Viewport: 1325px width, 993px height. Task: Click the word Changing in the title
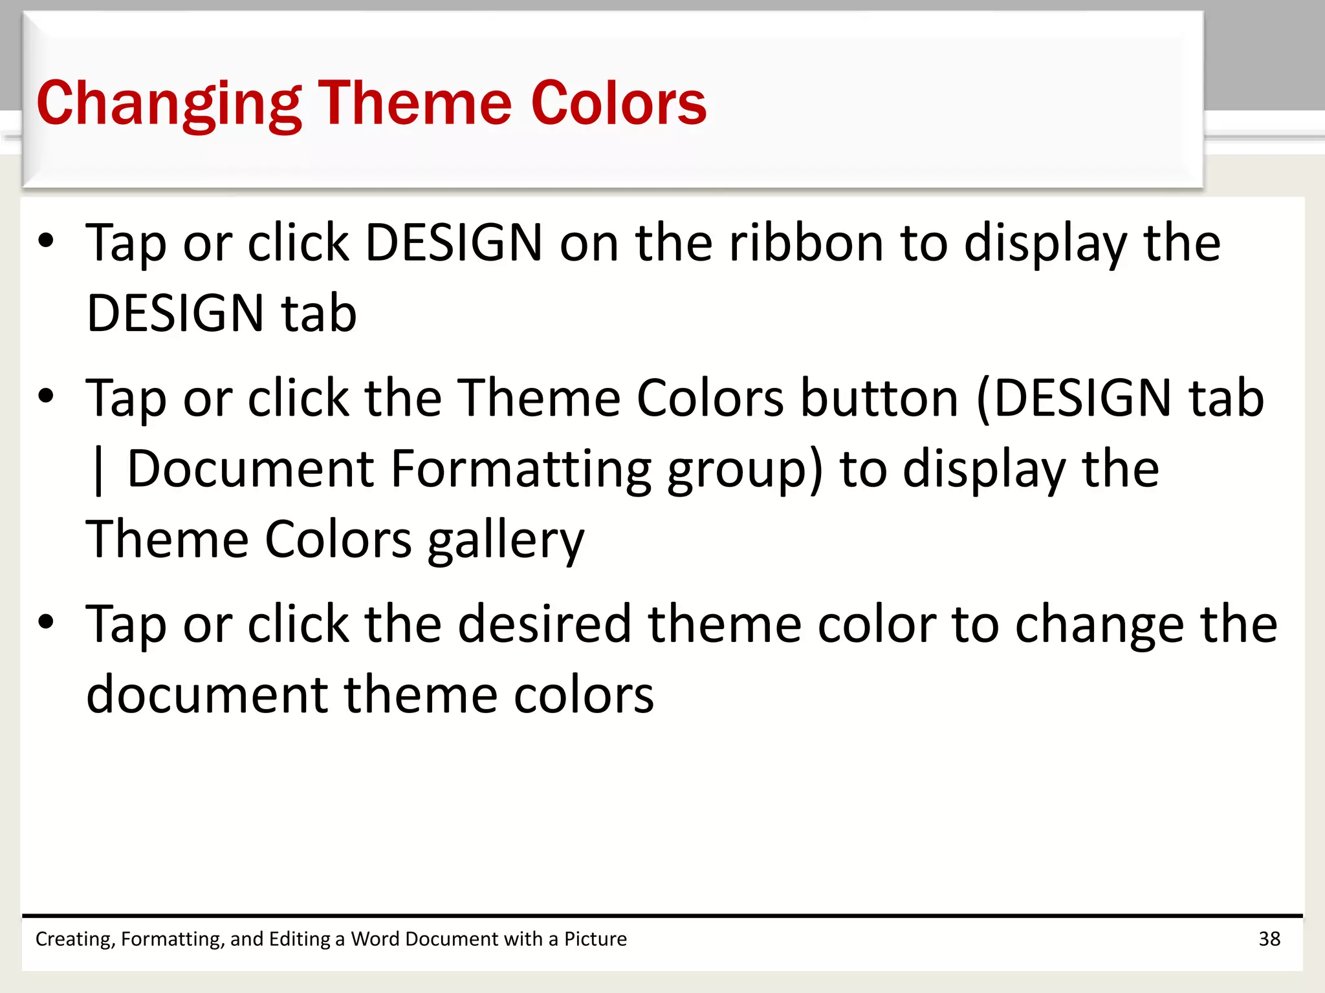click(169, 103)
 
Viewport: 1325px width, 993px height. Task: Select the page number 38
click(1269, 939)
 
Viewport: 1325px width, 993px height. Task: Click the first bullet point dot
click(46, 240)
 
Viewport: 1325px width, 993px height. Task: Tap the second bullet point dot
click(46, 396)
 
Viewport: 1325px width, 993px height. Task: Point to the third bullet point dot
click(46, 622)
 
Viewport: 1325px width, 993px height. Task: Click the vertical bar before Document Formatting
click(98, 471)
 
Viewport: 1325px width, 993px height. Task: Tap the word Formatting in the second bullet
click(521, 469)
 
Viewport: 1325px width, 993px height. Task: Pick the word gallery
click(506, 540)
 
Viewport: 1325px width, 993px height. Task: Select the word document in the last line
click(206, 695)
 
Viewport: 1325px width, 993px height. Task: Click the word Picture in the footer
click(595, 939)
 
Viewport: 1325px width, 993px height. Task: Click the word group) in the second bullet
click(745, 469)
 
